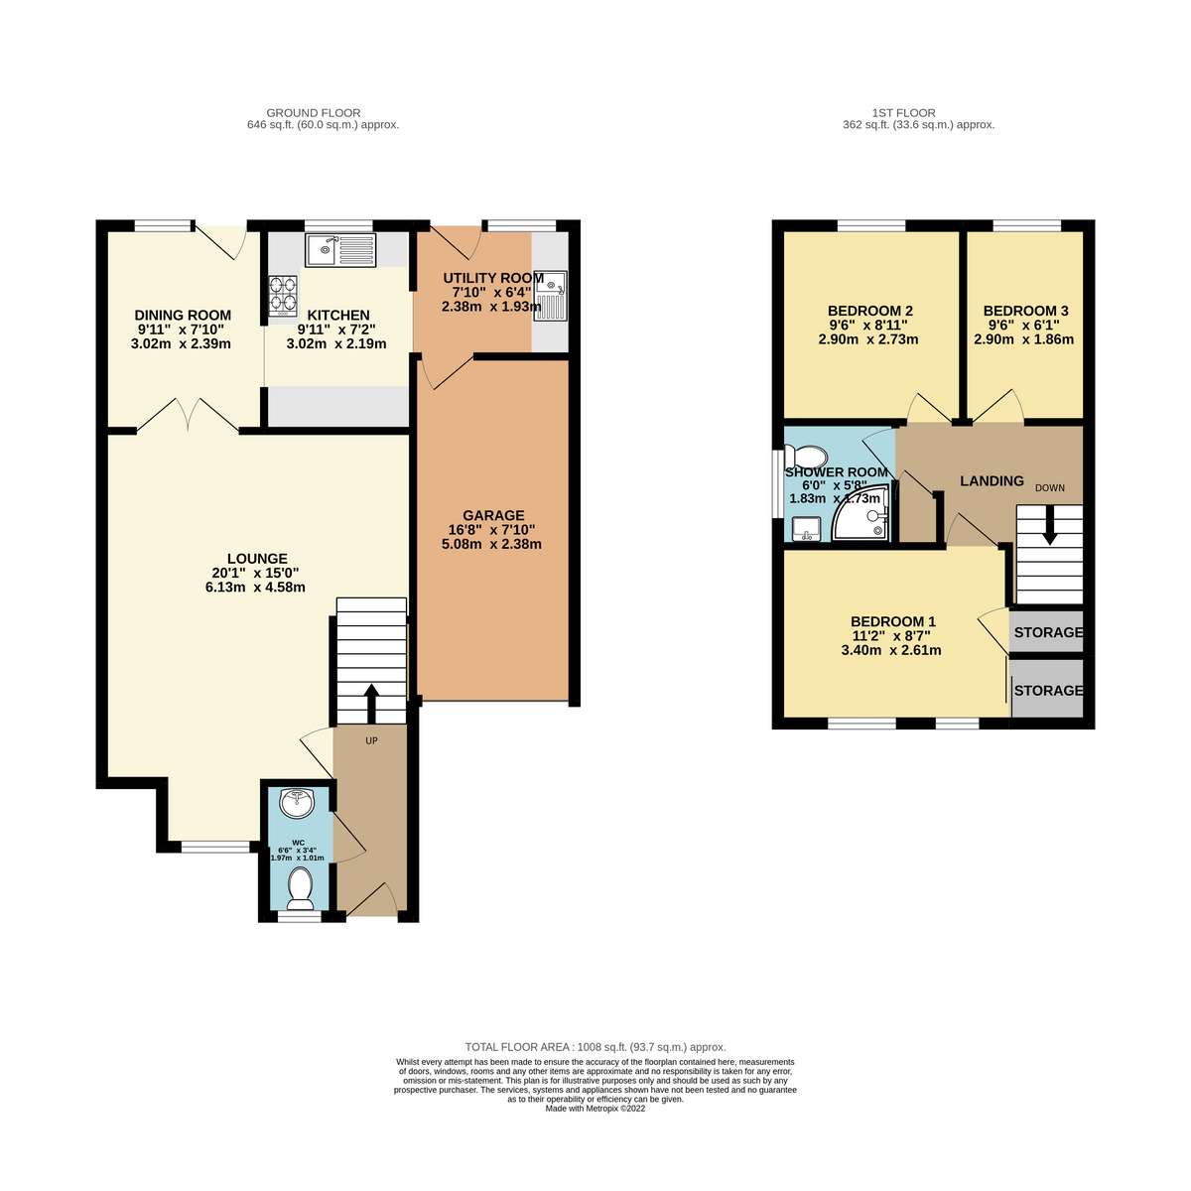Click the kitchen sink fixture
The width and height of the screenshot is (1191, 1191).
340,250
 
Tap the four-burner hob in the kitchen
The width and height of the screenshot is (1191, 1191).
282,295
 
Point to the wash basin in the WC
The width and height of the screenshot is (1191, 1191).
298,803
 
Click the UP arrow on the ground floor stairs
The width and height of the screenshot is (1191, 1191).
371,704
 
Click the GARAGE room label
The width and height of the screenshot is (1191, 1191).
493,515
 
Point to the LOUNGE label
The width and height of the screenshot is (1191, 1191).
257,559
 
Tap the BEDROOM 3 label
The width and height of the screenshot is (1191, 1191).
1025,311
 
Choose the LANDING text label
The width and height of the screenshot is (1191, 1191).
992,481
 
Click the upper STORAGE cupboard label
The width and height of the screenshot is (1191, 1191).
1048,632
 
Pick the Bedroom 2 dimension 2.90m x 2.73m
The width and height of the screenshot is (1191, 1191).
868,339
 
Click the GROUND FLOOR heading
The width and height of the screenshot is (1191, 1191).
314,113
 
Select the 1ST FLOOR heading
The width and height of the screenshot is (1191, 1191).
903,113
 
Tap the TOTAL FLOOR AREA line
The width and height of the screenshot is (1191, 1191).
595,1047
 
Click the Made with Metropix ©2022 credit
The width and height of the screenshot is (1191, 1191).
595,1109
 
